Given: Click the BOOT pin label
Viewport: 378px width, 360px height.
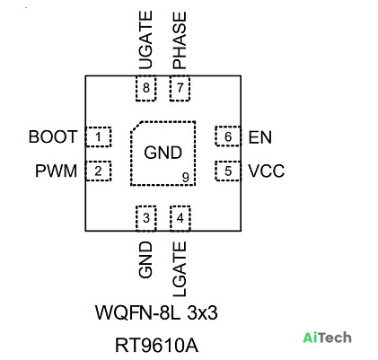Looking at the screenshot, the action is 53,136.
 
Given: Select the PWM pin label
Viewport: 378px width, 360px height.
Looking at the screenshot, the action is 57,171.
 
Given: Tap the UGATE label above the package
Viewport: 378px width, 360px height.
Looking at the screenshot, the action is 146,40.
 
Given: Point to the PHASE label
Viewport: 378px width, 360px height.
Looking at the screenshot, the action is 180,40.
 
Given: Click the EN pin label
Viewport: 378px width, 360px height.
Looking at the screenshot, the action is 260,137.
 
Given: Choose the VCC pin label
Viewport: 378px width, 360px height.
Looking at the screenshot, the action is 267,171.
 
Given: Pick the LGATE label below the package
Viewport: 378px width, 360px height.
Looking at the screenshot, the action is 180,269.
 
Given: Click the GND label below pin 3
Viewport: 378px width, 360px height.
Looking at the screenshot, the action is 145,259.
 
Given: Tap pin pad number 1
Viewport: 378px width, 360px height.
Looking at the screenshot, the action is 99,136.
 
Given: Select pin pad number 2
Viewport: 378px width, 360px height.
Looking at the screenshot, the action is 99,171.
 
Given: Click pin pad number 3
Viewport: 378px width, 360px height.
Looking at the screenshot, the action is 146,218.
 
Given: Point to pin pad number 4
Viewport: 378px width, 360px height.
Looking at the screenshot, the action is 180,218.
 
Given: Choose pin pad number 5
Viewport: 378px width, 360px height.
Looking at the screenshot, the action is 228,171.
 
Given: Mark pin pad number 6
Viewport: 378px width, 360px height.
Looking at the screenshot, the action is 228,136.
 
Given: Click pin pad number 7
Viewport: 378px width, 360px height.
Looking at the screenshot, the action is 180,88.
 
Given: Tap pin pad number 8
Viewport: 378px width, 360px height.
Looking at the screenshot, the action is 146,88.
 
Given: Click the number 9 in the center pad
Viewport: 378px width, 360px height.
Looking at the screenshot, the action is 186,178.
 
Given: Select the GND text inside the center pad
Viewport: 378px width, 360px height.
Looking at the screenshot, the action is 163,153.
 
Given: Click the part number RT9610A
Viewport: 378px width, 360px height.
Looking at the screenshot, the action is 156,345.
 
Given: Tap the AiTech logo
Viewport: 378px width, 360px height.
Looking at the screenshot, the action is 327,338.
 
